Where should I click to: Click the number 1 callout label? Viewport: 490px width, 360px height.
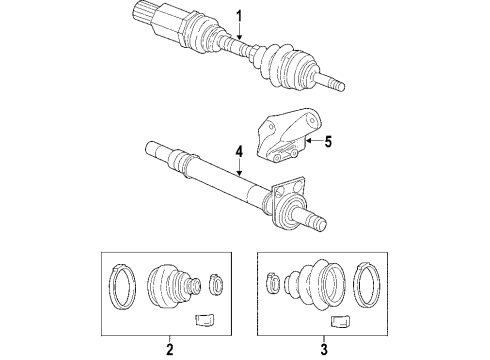click(x=239, y=14)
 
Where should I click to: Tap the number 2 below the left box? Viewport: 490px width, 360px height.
click(x=168, y=349)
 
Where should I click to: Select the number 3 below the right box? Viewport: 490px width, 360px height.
click(x=324, y=349)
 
